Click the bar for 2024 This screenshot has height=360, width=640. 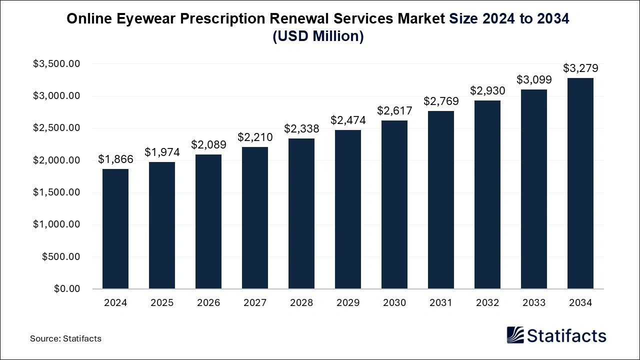pos(115,229)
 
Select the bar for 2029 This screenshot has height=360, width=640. pos(348,209)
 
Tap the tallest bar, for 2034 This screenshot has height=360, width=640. pos(580,183)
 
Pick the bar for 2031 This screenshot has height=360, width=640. pos(441,200)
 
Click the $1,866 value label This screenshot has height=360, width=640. pos(115,159)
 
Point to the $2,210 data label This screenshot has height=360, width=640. pos(255,137)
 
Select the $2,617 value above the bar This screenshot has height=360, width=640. pos(394,110)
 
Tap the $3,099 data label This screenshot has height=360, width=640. pos(534,79)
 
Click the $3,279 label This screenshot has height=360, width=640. pos(580,68)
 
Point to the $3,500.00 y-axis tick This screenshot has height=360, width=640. pos(56,64)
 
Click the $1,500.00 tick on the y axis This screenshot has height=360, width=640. pos(56,192)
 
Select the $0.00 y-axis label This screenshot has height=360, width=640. pos(66,289)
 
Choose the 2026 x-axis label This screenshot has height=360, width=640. pos(208,303)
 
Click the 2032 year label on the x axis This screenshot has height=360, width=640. pos(487,303)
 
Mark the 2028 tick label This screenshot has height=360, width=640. pos(301,303)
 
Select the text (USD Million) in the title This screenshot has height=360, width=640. pos(318,36)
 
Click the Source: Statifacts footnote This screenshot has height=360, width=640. pos(65,338)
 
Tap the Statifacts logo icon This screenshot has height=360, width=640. pos(515,335)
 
